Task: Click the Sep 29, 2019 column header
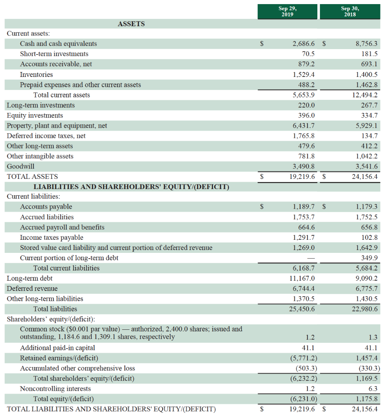click(287, 11)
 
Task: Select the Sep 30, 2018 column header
click(350, 11)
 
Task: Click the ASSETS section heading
click(131, 24)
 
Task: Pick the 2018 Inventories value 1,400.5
click(366, 74)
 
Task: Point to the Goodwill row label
click(20, 167)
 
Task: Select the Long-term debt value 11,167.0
click(302, 278)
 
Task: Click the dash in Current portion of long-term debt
click(311, 258)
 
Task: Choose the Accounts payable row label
click(46, 207)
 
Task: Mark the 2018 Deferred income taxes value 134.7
click(369, 136)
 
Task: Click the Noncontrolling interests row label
click(55, 388)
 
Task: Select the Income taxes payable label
click(52, 237)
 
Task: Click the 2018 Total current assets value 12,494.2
click(364, 95)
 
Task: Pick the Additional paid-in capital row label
click(57, 348)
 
